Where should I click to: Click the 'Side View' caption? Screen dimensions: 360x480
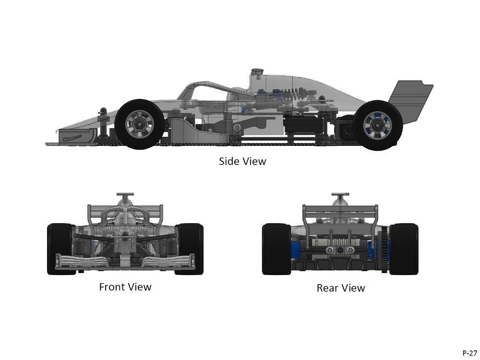(x=242, y=161)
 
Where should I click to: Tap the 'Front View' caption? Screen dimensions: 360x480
(x=125, y=287)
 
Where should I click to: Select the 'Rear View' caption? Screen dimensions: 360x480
(x=340, y=288)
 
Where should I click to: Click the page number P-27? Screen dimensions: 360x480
(x=469, y=353)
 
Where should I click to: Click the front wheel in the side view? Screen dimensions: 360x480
(x=140, y=124)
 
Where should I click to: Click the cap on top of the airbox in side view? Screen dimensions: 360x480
(x=257, y=72)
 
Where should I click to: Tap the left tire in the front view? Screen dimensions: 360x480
(x=60, y=249)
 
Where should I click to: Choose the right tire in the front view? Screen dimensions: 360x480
(x=191, y=249)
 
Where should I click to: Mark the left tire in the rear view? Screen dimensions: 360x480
(x=276, y=249)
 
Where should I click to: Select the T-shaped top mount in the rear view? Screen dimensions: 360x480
(x=340, y=196)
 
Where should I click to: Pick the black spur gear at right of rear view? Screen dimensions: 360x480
(x=384, y=245)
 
